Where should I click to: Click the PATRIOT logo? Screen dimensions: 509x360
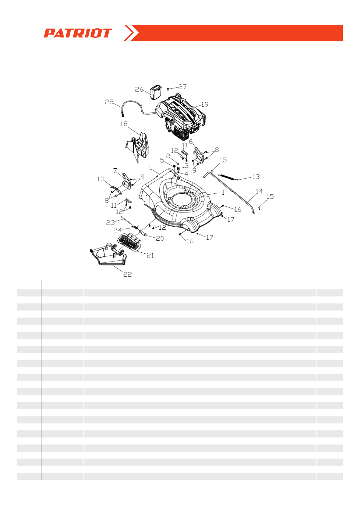point(78,33)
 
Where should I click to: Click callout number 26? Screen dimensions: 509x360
point(139,89)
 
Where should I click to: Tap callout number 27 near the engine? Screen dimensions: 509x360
point(183,87)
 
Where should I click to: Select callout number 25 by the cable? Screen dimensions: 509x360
point(109,102)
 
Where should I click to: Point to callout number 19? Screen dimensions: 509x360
point(205,104)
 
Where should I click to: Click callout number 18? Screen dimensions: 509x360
point(124,124)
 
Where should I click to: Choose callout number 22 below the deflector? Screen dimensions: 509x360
point(127,274)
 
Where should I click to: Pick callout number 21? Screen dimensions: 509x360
point(150,255)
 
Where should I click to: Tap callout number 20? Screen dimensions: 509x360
point(160,238)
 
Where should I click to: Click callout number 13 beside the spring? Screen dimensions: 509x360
point(256,177)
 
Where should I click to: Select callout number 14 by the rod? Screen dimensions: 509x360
point(259,191)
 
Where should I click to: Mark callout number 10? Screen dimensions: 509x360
point(100,179)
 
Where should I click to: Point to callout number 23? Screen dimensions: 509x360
point(110,223)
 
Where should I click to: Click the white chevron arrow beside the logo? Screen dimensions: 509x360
point(131,33)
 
